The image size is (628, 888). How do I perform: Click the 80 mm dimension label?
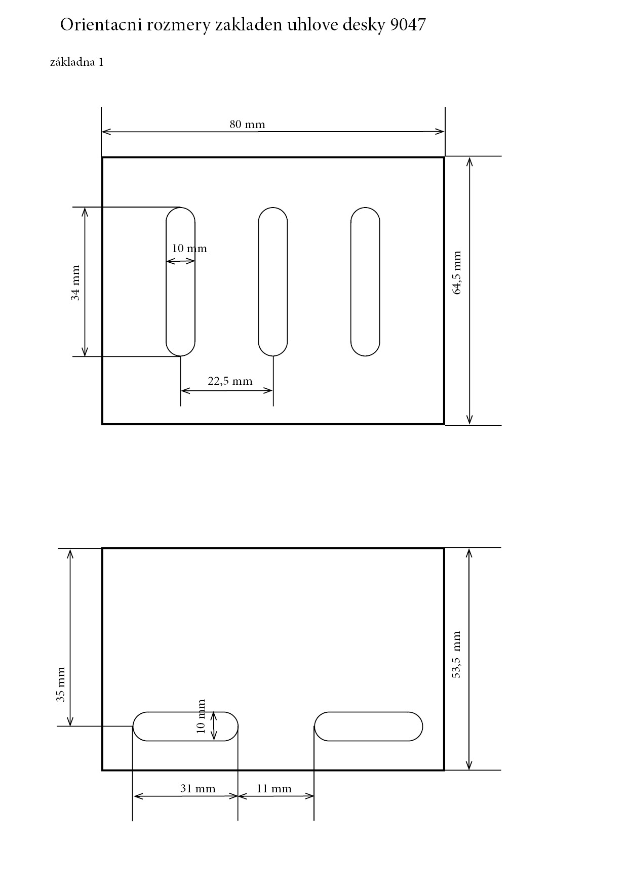coord(247,125)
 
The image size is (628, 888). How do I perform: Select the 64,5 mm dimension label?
coord(457,273)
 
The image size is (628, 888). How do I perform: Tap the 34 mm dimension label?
coord(75,283)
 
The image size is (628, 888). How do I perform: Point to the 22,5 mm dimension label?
coord(230,381)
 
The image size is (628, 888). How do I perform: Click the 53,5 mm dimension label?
coord(456,655)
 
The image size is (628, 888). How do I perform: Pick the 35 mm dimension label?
coord(61,684)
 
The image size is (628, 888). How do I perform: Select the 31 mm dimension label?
coord(198,789)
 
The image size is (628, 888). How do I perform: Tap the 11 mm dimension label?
coord(274,789)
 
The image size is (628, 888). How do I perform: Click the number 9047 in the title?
coord(408,25)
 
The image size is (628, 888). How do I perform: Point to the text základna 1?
coord(77,62)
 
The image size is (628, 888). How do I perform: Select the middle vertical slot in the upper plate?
coord(273,281)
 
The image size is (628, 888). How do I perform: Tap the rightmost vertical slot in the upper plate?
coord(365,281)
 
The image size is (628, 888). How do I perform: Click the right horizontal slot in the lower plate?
coord(368,726)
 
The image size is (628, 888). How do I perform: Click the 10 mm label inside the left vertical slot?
coord(189,249)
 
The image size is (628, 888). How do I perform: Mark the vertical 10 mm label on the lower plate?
coord(201,716)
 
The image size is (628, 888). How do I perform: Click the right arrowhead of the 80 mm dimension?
coord(440,132)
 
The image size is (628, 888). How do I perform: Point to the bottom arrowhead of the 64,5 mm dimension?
coord(469,420)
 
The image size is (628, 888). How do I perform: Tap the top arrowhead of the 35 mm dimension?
coord(70,553)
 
